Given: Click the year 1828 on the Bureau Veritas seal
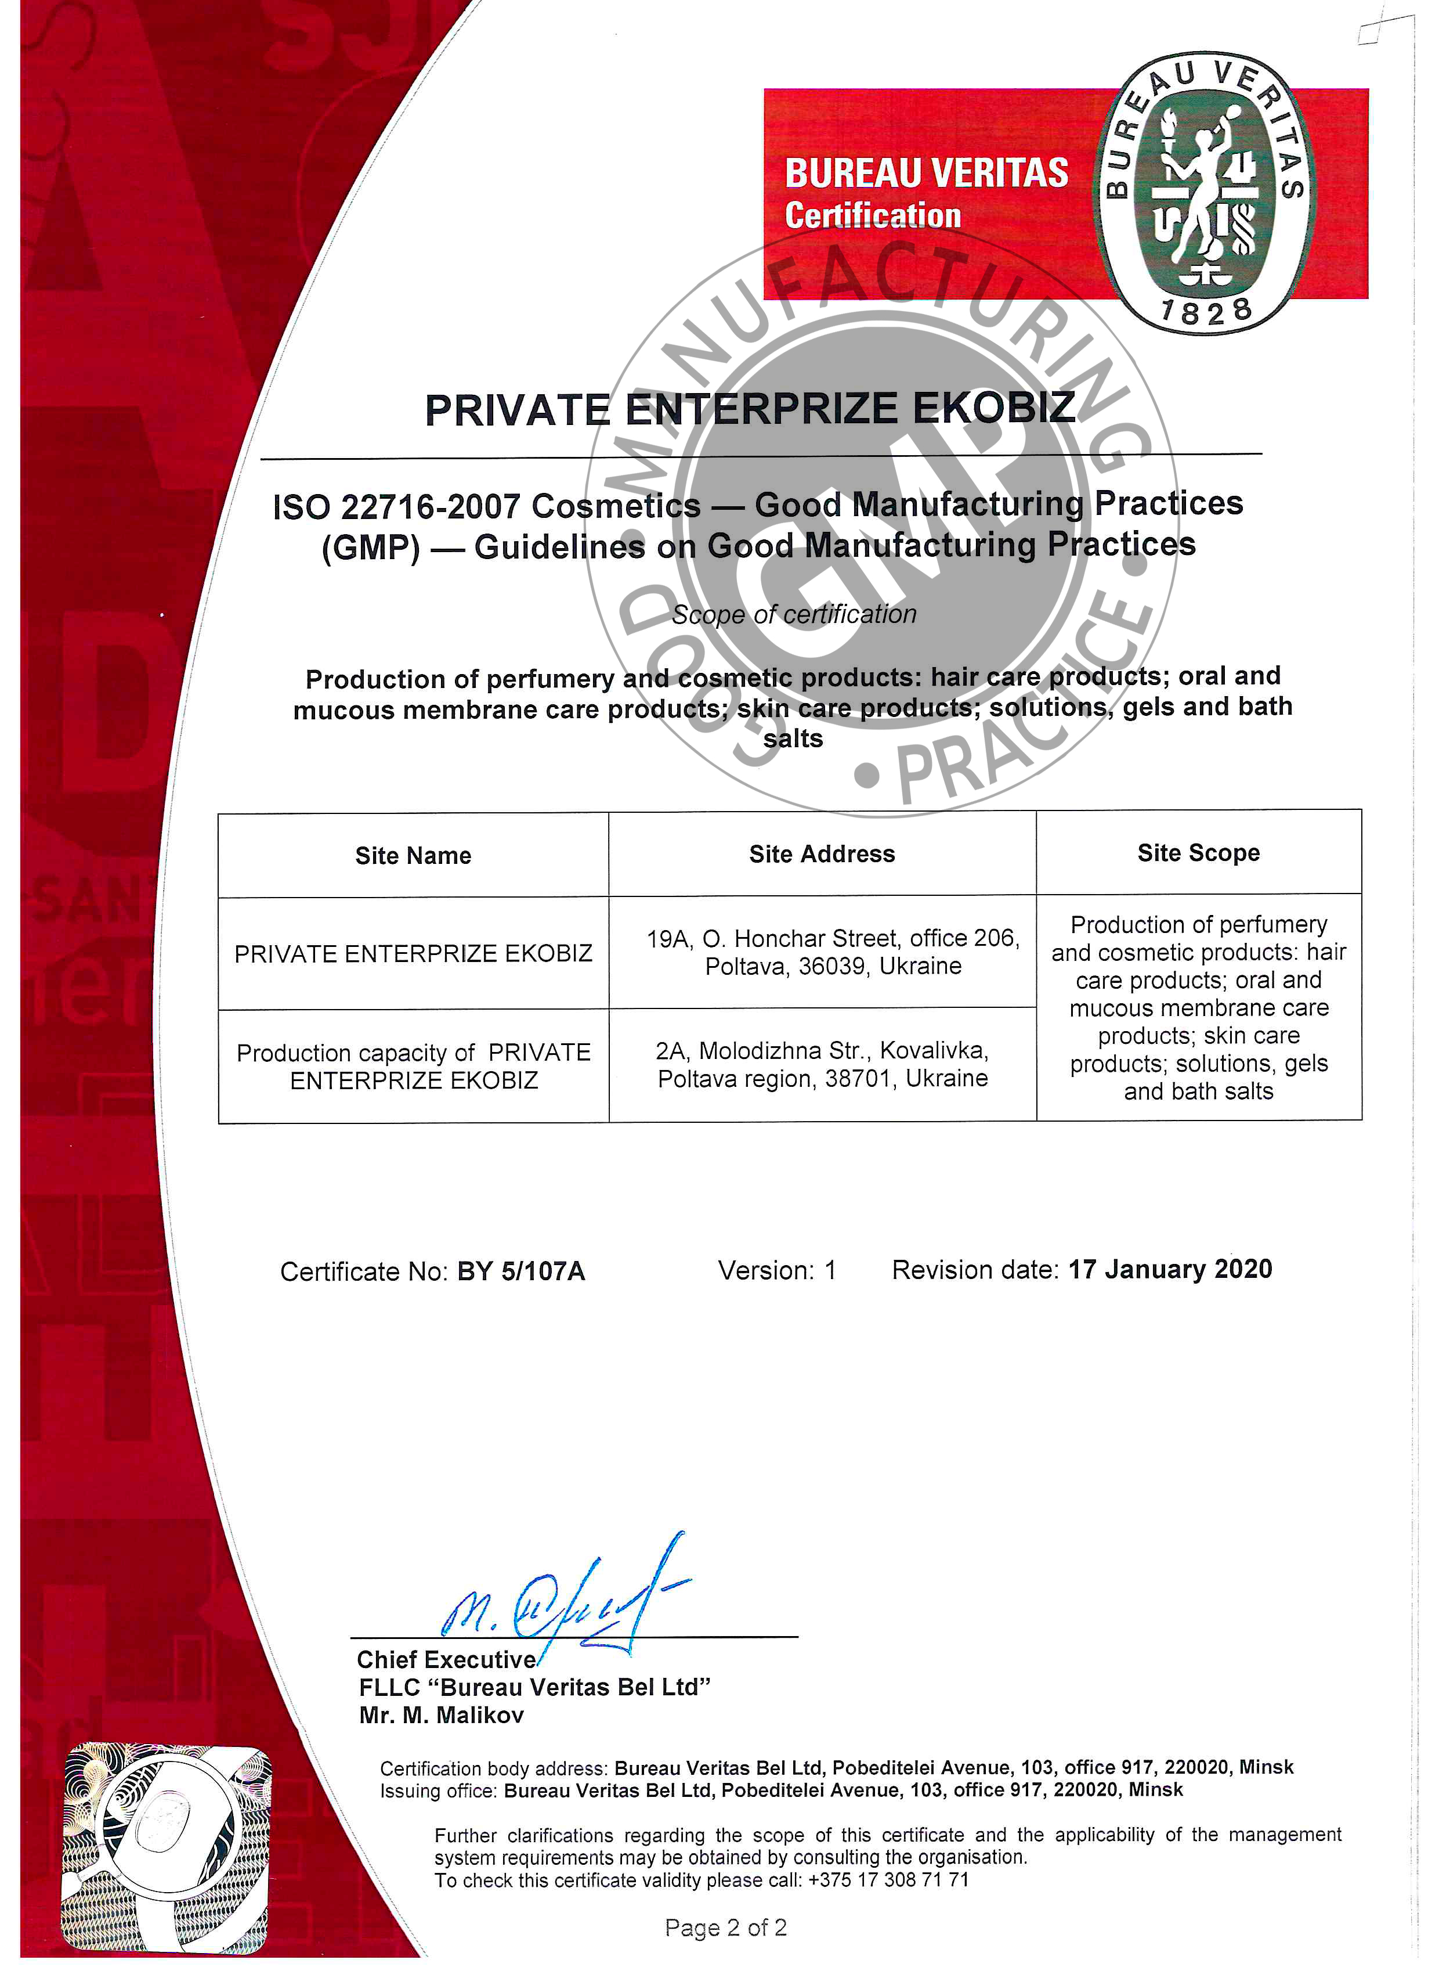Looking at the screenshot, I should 1205,311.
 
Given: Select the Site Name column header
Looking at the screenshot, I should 413,855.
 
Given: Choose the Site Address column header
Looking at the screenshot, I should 822,854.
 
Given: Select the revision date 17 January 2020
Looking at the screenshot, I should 1170,1269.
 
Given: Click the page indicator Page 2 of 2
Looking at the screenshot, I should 725,1928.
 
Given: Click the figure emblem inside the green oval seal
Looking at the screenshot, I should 1203,193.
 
